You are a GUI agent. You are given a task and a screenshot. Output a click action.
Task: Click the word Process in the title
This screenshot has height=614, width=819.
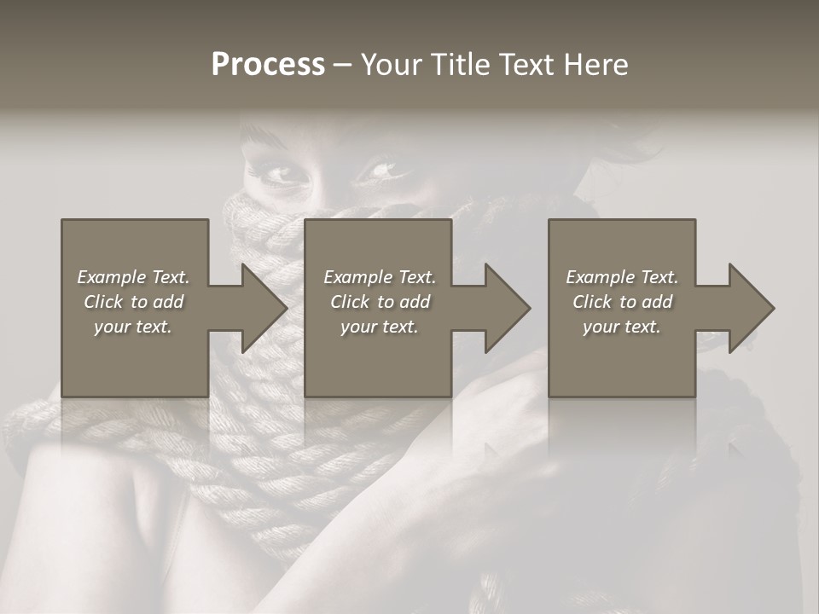coord(268,65)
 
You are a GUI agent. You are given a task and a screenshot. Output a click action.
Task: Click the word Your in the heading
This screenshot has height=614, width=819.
coord(392,65)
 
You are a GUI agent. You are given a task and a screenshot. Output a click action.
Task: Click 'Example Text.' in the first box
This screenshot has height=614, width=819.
coord(133,277)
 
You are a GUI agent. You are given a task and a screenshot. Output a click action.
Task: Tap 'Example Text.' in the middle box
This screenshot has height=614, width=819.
coord(379,277)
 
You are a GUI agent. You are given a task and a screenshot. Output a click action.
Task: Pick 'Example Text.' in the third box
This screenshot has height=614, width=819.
coord(622,277)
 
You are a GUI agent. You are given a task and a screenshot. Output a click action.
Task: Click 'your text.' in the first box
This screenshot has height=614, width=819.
coord(133,327)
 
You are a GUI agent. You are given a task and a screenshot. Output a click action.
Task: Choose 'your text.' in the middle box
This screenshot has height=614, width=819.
coord(379,327)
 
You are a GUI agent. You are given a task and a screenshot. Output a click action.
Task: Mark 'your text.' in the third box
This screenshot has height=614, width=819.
coord(622,327)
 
